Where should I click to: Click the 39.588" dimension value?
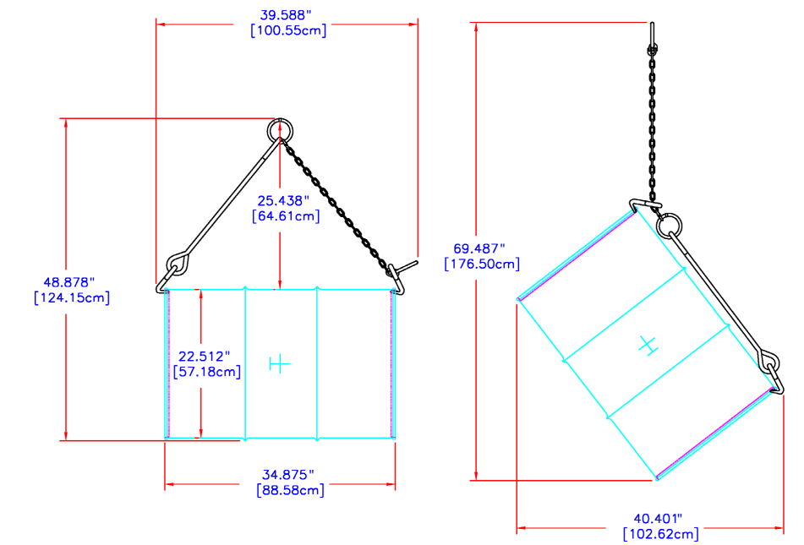click(x=286, y=15)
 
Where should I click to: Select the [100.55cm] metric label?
click(x=288, y=30)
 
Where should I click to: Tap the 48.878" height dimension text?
click(x=68, y=282)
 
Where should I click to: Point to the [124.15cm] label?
click(x=72, y=297)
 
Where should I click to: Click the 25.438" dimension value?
click(x=283, y=200)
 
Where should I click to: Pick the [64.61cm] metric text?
click(x=286, y=215)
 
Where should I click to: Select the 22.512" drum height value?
click(x=204, y=357)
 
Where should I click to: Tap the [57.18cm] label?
click(x=207, y=372)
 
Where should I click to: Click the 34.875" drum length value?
click(x=288, y=475)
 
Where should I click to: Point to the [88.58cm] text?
click(x=291, y=490)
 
